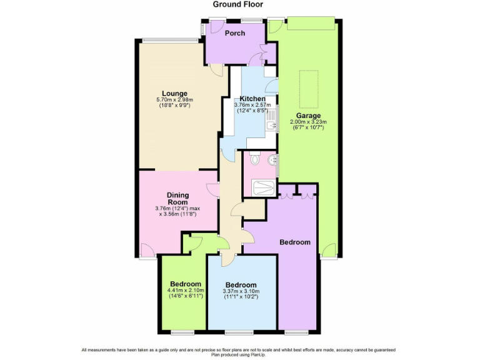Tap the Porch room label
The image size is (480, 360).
(235, 33)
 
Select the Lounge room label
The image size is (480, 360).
(175, 94)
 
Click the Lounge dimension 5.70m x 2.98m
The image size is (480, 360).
(175, 100)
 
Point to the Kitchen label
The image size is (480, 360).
(252, 99)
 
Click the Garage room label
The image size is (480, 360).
(309, 116)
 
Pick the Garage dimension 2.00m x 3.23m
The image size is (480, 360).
(309, 122)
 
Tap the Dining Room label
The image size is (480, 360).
(177, 198)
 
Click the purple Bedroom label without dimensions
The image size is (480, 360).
(295, 242)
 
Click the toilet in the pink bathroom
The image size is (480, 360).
(254, 159)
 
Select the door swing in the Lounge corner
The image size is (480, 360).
(217, 71)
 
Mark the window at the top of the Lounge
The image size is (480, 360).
(170, 41)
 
